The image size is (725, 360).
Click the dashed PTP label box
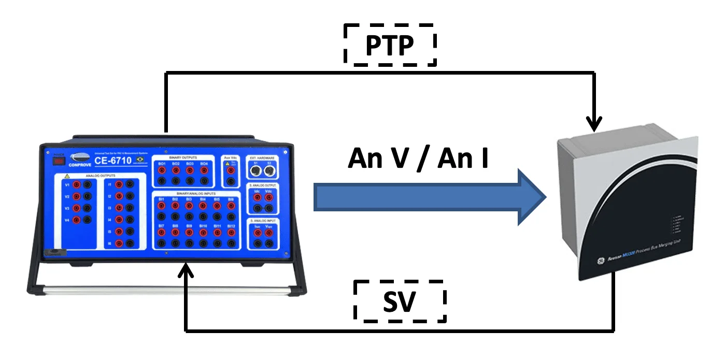390,45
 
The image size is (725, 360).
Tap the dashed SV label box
399,301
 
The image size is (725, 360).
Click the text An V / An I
418,159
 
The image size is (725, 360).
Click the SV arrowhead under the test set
186,270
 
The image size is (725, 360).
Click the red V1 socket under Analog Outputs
76,185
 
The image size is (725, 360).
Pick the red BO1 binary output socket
162,170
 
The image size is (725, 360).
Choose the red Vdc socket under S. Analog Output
269,197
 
